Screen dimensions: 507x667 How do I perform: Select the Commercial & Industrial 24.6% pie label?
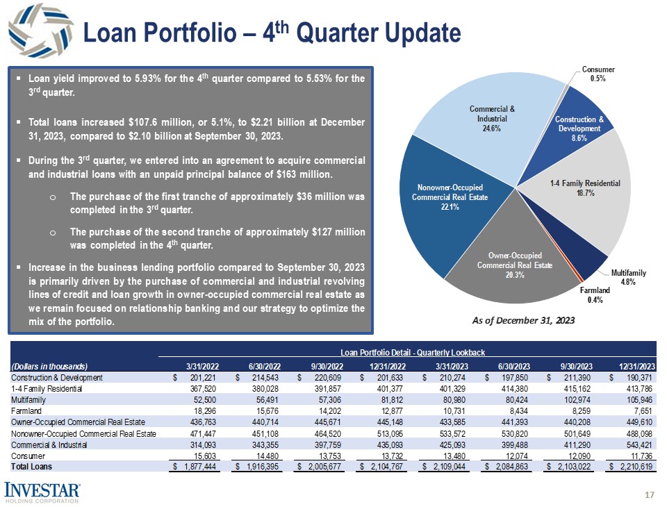click(493, 119)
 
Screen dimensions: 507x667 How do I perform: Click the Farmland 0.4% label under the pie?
click(594, 295)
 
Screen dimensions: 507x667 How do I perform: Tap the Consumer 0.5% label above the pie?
click(597, 74)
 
